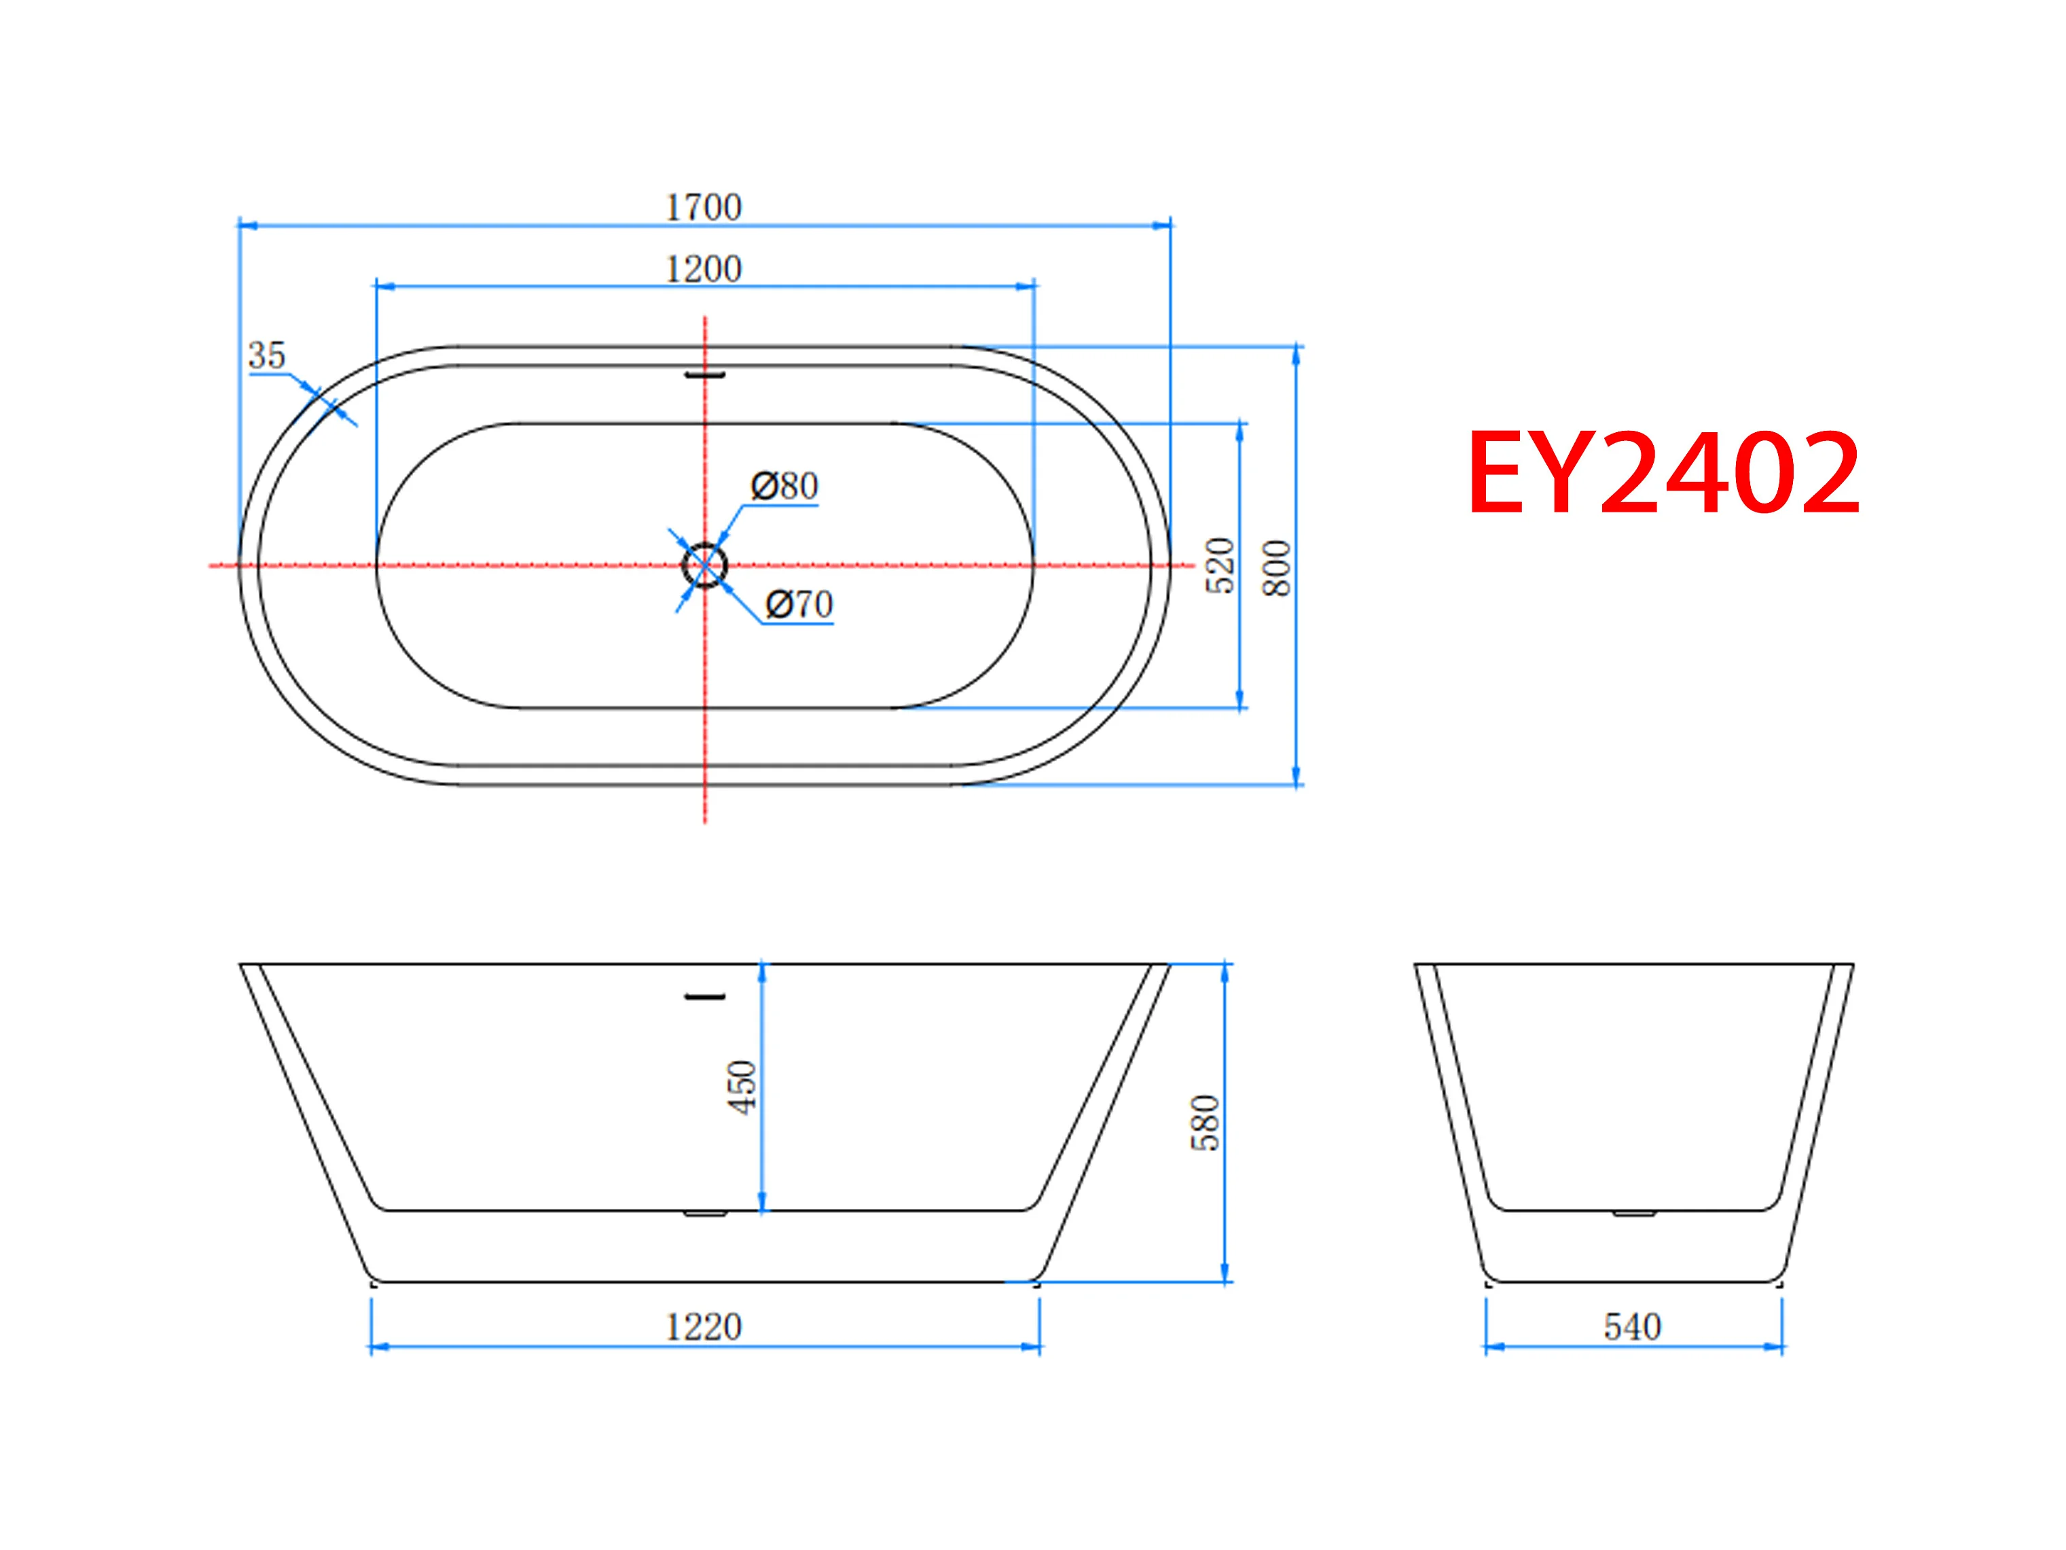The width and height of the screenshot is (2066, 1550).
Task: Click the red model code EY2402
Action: click(1663, 473)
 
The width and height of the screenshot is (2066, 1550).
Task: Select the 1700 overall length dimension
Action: click(704, 207)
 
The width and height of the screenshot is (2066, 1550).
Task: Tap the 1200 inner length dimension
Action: click(704, 269)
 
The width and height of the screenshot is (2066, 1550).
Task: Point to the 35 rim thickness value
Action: click(267, 355)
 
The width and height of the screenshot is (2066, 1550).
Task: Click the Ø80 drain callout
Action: click(784, 486)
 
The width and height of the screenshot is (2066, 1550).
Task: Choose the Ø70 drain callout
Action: click(799, 605)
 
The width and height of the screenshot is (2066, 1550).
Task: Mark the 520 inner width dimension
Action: click(1220, 565)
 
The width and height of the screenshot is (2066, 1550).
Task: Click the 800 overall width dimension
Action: click(1277, 567)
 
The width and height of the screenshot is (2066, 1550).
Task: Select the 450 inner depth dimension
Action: click(742, 1087)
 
